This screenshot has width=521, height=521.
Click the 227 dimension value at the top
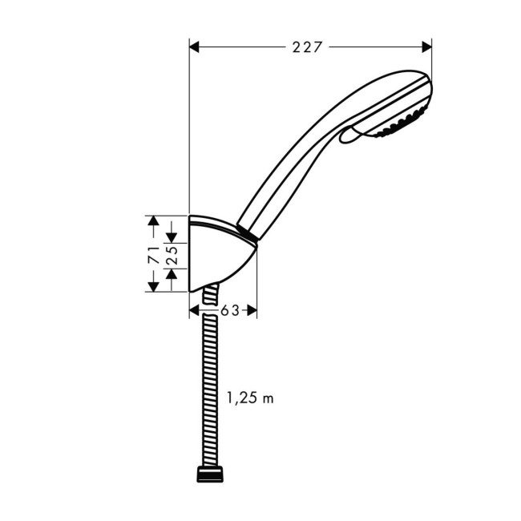tap(307, 47)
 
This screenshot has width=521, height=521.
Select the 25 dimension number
tap(171, 254)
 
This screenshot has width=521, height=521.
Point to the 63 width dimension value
tap(230, 310)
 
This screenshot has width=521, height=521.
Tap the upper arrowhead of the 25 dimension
tap(172, 238)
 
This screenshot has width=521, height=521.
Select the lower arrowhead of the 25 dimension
tap(172, 273)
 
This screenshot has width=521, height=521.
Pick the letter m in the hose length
tap(269, 398)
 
